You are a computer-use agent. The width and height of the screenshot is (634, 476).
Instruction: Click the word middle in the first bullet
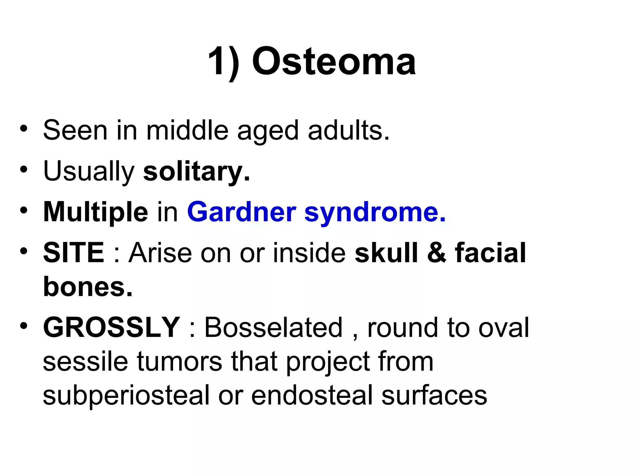coord(187,130)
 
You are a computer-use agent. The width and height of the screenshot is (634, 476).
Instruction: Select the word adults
coord(349,130)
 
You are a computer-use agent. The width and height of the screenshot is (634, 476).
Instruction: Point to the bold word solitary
coord(196,172)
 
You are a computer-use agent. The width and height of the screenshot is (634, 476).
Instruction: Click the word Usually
coord(89,172)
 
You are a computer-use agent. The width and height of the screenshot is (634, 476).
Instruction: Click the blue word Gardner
coord(242,212)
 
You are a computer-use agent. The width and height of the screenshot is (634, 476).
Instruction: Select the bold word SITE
coord(74,253)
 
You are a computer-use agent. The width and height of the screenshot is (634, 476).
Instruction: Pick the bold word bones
coord(88,287)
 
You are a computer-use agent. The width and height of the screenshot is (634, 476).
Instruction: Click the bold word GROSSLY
coord(111,328)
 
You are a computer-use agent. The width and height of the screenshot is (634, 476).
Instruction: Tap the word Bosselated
coord(273,328)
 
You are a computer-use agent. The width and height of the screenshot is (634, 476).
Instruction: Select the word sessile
coord(85,362)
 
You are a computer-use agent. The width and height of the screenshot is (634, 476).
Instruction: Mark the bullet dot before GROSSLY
coord(24,325)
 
